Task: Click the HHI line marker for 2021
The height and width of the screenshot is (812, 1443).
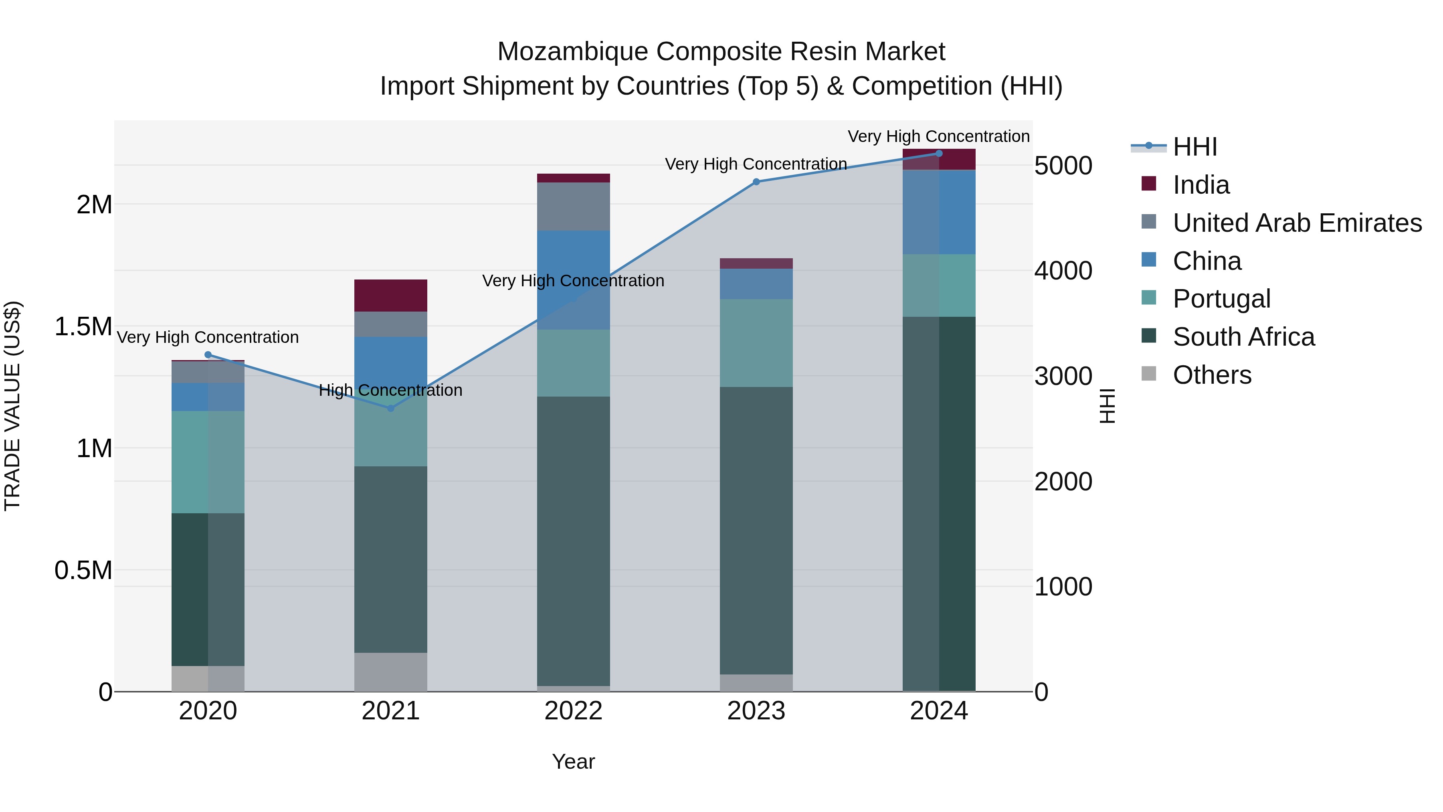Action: [390, 408]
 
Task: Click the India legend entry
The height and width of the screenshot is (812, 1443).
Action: [1200, 185]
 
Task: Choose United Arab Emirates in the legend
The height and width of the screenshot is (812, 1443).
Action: [1297, 223]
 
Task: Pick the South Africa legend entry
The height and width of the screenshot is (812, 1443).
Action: [1243, 337]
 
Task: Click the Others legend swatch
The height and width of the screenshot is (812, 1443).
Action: [1149, 374]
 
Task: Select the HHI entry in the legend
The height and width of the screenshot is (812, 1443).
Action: [1194, 147]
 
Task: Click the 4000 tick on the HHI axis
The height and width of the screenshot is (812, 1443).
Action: [1063, 271]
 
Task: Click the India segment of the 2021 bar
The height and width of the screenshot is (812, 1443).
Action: [390, 295]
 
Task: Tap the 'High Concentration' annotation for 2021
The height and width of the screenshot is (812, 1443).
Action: [390, 390]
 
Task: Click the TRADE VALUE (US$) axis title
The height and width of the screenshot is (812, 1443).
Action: [12, 406]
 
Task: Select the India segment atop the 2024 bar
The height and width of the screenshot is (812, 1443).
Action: [939, 160]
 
